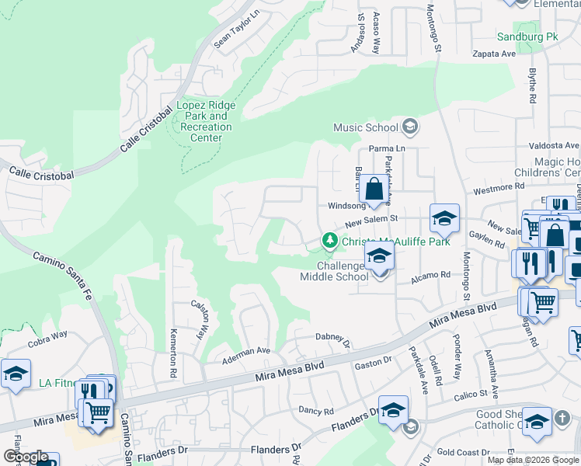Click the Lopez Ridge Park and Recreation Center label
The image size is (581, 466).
207,121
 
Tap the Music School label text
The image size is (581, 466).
365,127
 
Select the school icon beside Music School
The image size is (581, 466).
409,127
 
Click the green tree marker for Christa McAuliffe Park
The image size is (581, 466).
330,242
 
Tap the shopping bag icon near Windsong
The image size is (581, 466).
374,189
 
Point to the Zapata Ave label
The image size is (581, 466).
495,54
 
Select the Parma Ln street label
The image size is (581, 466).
388,148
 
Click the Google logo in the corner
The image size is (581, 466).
26,457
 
